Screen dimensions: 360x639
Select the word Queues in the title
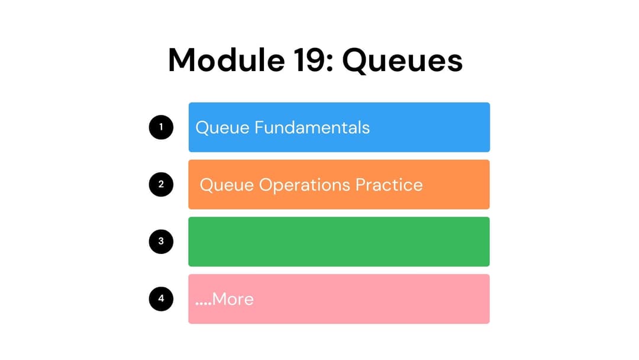402,61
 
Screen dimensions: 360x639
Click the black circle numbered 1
161,127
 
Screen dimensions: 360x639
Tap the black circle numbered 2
161,184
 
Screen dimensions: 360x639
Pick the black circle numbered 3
161,242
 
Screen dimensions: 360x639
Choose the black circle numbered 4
161,299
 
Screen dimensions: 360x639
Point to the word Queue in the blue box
222,128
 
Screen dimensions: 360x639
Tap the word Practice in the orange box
389,185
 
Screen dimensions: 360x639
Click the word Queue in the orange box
227,185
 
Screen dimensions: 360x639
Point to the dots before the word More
203,303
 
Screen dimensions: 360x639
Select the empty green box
339,242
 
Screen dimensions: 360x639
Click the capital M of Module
183,60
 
